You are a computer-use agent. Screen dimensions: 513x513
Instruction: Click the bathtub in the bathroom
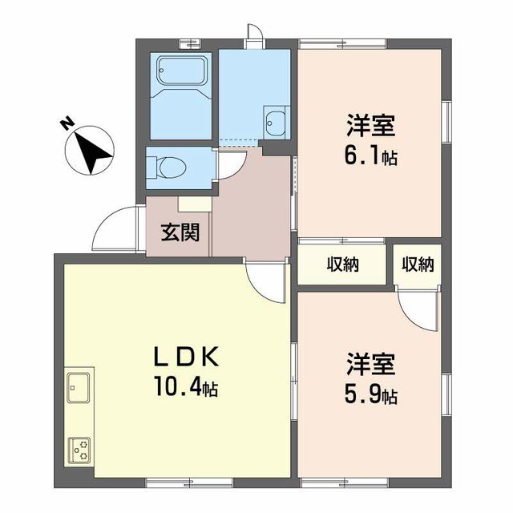click(x=182, y=71)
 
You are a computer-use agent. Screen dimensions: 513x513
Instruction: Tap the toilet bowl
click(x=168, y=168)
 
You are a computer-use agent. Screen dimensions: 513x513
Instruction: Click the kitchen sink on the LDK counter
click(x=79, y=387)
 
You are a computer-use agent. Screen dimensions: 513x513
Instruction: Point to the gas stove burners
click(x=79, y=450)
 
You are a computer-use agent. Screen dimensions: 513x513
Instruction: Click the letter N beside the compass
click(x=67, y=123)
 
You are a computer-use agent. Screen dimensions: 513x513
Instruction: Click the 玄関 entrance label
click(x=180, y=233)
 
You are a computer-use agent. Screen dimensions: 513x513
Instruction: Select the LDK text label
click(x=186, y=357)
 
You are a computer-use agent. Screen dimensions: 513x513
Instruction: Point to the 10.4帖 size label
click(x=186, y=386)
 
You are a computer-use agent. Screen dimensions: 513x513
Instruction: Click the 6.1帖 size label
click(x=370, y=155)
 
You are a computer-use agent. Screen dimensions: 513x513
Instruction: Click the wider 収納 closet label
click(x=343, y=265)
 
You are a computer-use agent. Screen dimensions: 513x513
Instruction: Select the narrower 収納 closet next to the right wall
click(x=418, y=265)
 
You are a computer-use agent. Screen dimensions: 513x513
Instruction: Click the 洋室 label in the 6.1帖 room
click(x=371, y=125)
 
